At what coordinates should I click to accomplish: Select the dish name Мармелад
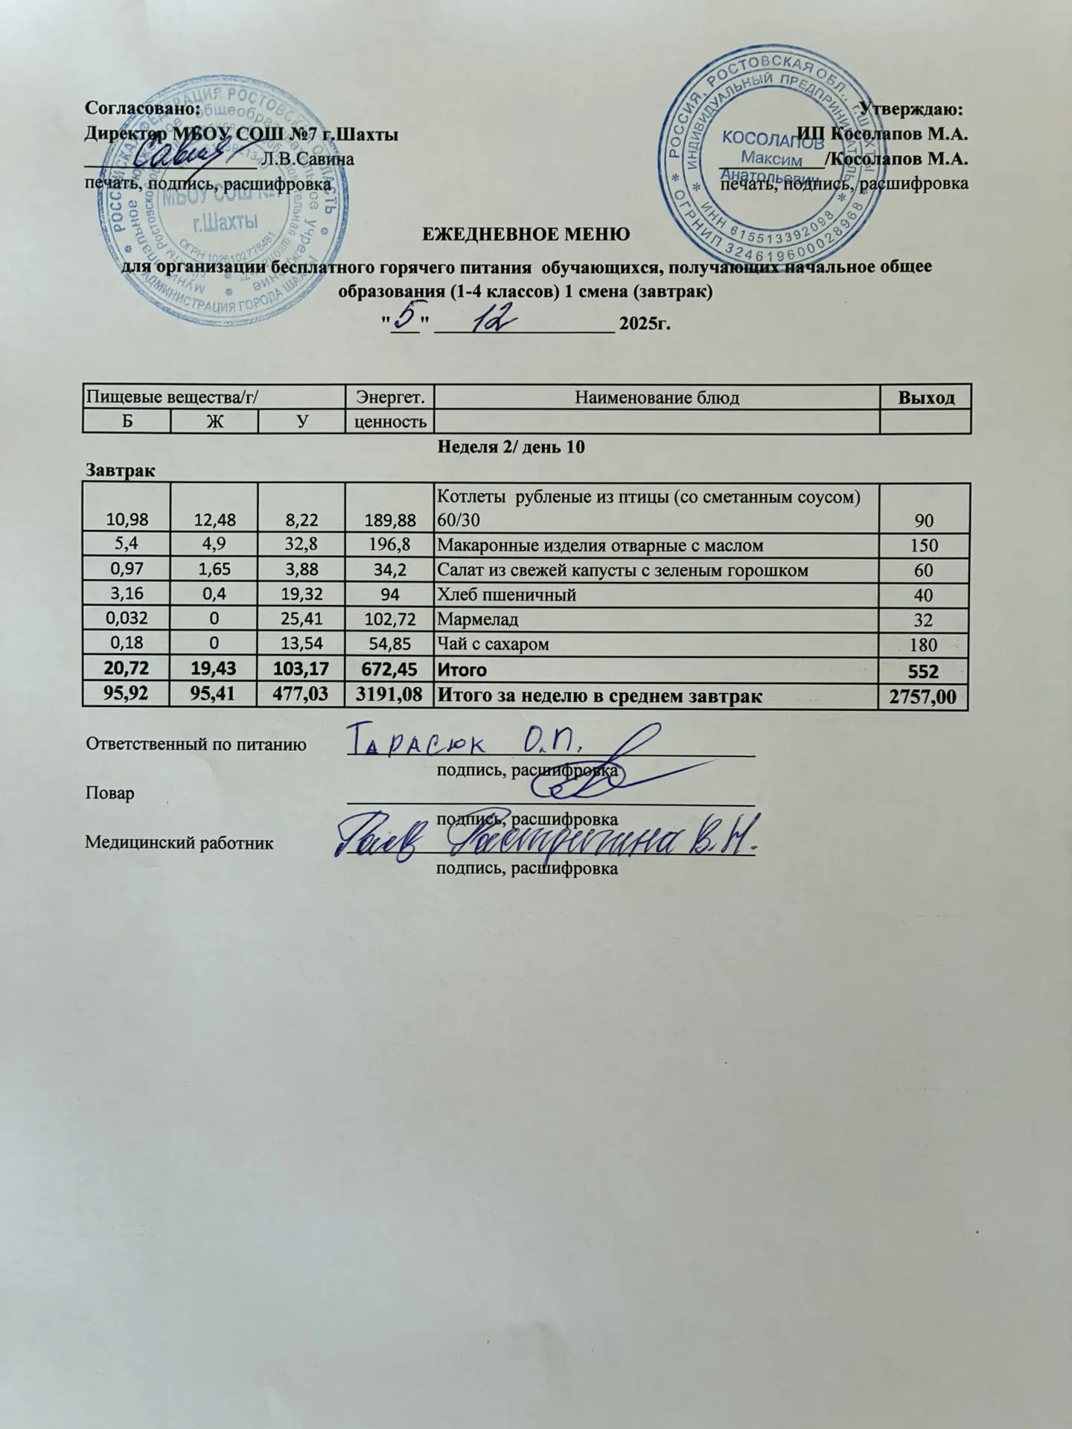477,619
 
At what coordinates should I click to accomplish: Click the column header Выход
925,397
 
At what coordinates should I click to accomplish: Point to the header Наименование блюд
657,397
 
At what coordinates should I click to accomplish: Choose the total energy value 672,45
389,670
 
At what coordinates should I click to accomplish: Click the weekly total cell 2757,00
924,697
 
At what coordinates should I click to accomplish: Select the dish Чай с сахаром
493,644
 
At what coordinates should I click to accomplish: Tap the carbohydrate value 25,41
302,619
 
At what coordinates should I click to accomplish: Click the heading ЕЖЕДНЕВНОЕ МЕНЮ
526,234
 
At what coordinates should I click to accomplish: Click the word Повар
110,793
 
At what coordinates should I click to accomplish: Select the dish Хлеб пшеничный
506,595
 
